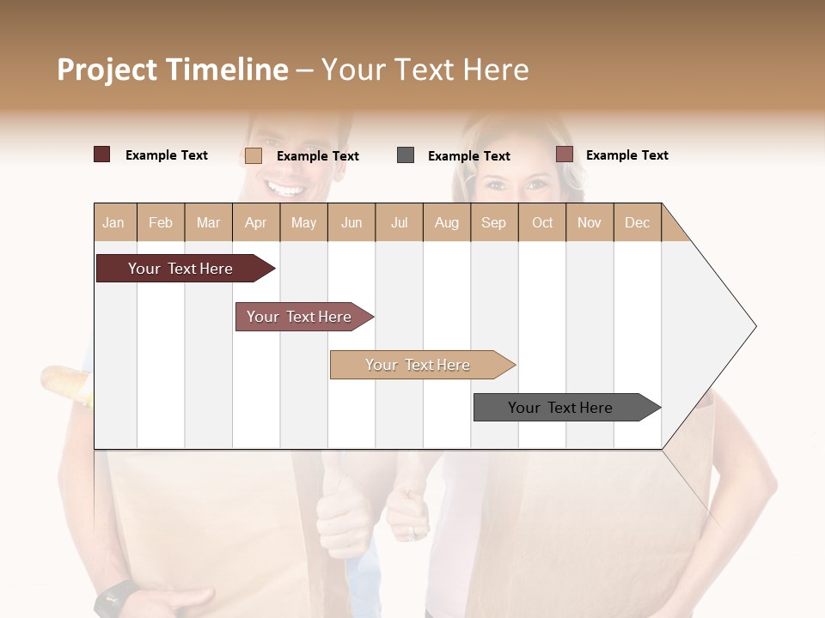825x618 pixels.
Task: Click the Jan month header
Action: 113,222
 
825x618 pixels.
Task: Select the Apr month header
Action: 255,222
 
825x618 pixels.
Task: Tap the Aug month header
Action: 446,222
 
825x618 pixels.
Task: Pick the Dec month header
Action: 637,222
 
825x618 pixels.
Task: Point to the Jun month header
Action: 351,222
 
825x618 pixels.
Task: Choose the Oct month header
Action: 541,222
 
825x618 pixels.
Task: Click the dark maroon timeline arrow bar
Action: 180,269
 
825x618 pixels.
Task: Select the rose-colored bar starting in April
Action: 299,317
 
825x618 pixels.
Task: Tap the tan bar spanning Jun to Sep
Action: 418,365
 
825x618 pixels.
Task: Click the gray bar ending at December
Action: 560,408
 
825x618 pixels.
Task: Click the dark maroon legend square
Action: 101,154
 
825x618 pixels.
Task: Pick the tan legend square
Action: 253,155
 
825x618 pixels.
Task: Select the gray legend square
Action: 406,155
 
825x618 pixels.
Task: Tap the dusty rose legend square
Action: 564,154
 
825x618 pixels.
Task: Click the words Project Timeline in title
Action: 172,70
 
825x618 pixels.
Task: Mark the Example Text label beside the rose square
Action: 626,155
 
